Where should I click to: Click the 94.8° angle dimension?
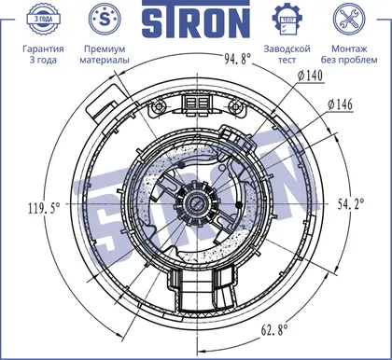[238, 58]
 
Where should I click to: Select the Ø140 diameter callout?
[310, 76]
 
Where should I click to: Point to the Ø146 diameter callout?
[340, 104]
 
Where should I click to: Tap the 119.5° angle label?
[44, 208]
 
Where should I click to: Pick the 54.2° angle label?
[351, 204]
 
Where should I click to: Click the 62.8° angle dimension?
[274, 329]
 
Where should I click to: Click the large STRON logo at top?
[196, 20]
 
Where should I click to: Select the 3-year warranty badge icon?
[43, 19]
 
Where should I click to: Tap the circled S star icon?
[105, 20]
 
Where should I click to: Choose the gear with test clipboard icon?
[287, 20]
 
